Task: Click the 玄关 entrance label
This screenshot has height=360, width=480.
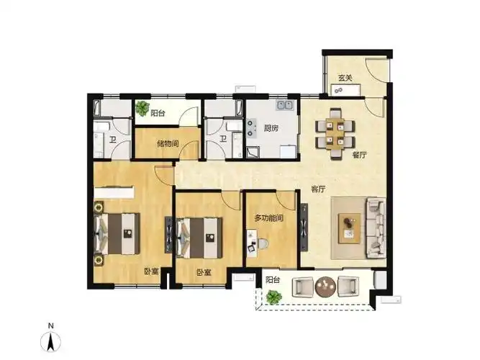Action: [345, 78]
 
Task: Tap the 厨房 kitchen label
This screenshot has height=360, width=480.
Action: [271, 128]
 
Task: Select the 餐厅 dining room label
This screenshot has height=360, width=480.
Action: [359, 155]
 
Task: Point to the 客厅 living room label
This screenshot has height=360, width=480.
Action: [318, 189]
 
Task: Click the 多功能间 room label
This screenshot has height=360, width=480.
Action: [269, 218]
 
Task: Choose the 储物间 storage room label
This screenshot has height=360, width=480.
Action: [168, 143]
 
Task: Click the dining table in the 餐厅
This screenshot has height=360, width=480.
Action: [335, 134]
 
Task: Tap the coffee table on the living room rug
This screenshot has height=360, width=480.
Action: [349, 228]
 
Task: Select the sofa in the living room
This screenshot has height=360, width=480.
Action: [376, 228]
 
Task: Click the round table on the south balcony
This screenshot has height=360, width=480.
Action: [325, 287]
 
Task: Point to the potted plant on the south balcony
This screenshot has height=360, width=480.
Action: [273, 297]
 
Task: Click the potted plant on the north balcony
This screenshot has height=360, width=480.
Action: [142, 109]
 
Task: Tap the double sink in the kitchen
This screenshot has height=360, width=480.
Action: [285, 105]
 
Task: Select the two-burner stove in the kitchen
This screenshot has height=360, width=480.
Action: [251, 128]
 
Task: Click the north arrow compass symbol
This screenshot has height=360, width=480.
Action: [51, 341]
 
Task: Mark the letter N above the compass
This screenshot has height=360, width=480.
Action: [51, 325]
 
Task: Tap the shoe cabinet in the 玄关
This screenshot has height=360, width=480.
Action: [345, 91]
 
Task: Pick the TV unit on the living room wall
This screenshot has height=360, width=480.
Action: [304, 228]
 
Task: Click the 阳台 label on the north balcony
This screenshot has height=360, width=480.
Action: [158, 113]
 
